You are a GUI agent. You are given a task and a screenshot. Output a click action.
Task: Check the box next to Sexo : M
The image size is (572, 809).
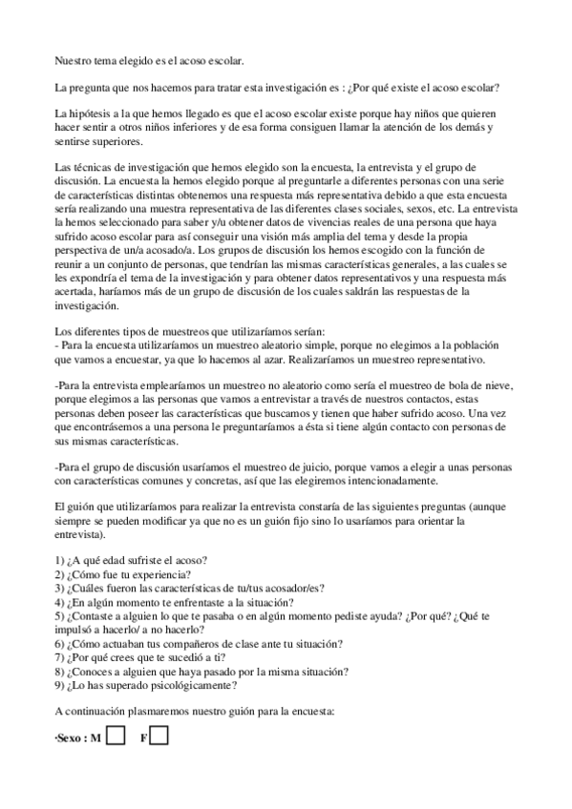click(117, 736)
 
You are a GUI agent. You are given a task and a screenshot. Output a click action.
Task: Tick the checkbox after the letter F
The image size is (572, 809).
click(160, 736)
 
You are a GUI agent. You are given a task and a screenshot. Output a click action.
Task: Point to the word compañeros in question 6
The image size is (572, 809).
click(160, 643)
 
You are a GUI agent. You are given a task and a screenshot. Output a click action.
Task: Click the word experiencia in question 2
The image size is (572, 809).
click(159, 576)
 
